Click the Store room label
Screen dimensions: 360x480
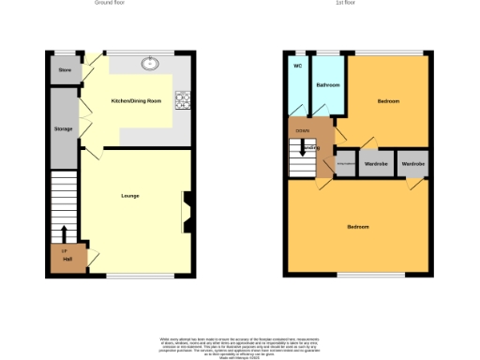pos(65,70)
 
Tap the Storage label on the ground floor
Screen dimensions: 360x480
pos(64,128)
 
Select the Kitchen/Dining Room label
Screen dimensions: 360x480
pos(137,100)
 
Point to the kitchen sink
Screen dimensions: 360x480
pos(149,65)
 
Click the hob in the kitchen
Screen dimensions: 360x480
pos(182,98)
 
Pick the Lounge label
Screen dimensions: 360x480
pos(130,196)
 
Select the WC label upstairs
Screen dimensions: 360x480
pos(297,67)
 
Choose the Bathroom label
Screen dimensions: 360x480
pos(327,85)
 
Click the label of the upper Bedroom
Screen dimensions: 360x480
pos(388,100)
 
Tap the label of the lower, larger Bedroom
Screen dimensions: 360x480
pos(358,227)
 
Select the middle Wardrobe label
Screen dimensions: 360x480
pos(376,164)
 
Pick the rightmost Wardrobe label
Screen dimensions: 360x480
pos(413,164)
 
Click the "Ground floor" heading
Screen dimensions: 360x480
pos(110,4)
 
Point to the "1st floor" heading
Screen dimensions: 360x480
pos(345,4)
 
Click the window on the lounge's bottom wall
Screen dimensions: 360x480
pos(126,276)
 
